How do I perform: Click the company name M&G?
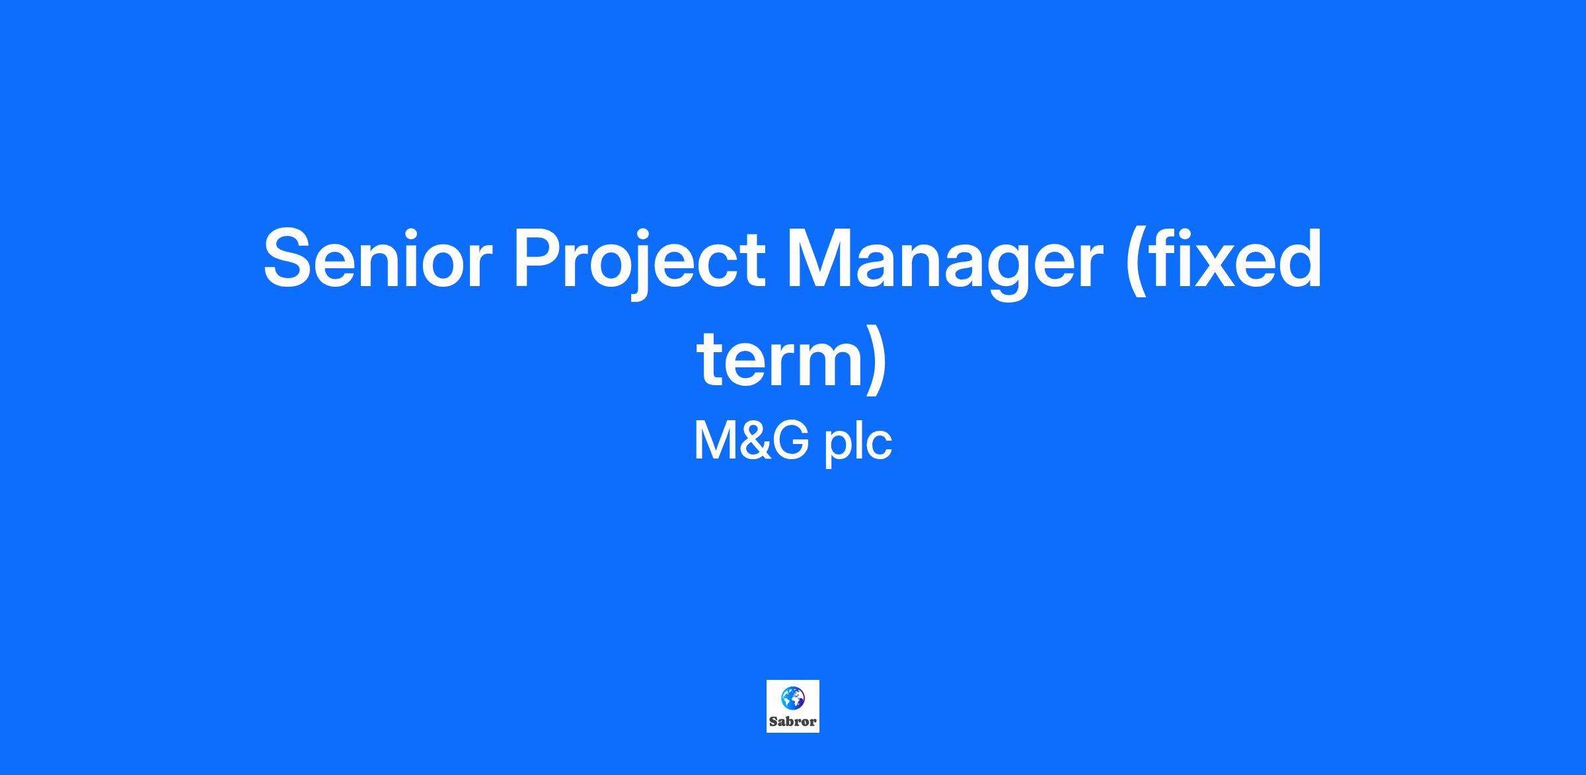[x=751, y=441]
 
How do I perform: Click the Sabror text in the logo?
[x=793, y=721]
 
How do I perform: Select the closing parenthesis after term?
[x=876, y=363]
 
